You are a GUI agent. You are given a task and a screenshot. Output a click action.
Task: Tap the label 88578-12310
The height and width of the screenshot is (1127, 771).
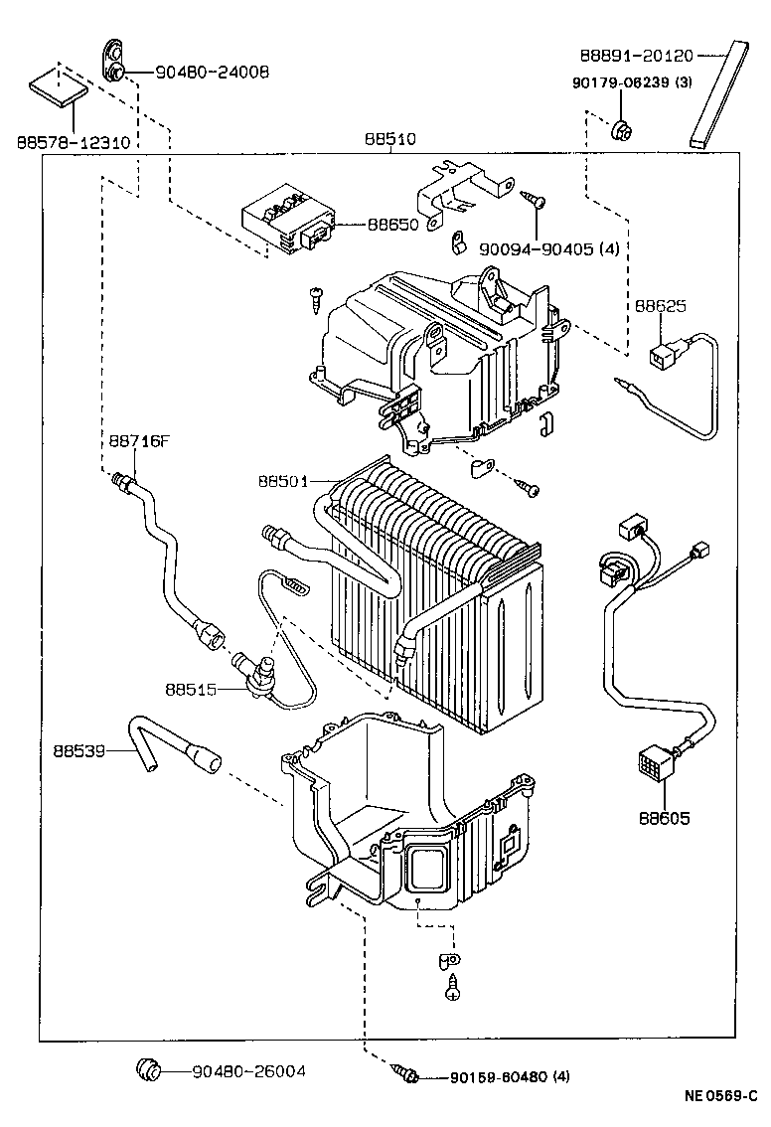(73, 143)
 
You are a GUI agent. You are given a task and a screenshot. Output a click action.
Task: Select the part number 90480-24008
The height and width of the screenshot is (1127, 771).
(212, 73)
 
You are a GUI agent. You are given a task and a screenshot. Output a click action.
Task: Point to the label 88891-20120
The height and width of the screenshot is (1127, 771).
(638, 56)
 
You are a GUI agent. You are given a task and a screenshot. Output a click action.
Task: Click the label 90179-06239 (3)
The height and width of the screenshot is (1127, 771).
(632, 83)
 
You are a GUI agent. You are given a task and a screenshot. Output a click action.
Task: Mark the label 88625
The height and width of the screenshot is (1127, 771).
(661, 306)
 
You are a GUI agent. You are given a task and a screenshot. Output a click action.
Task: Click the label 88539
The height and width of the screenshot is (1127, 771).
(81, 753)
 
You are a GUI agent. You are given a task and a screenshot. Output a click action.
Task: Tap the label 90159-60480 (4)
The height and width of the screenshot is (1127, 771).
(510, 1077)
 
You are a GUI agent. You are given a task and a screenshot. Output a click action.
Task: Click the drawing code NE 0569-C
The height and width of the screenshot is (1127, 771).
(719, 1097)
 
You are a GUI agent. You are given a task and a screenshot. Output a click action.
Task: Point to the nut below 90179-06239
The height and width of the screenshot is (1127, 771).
(619, 127)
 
